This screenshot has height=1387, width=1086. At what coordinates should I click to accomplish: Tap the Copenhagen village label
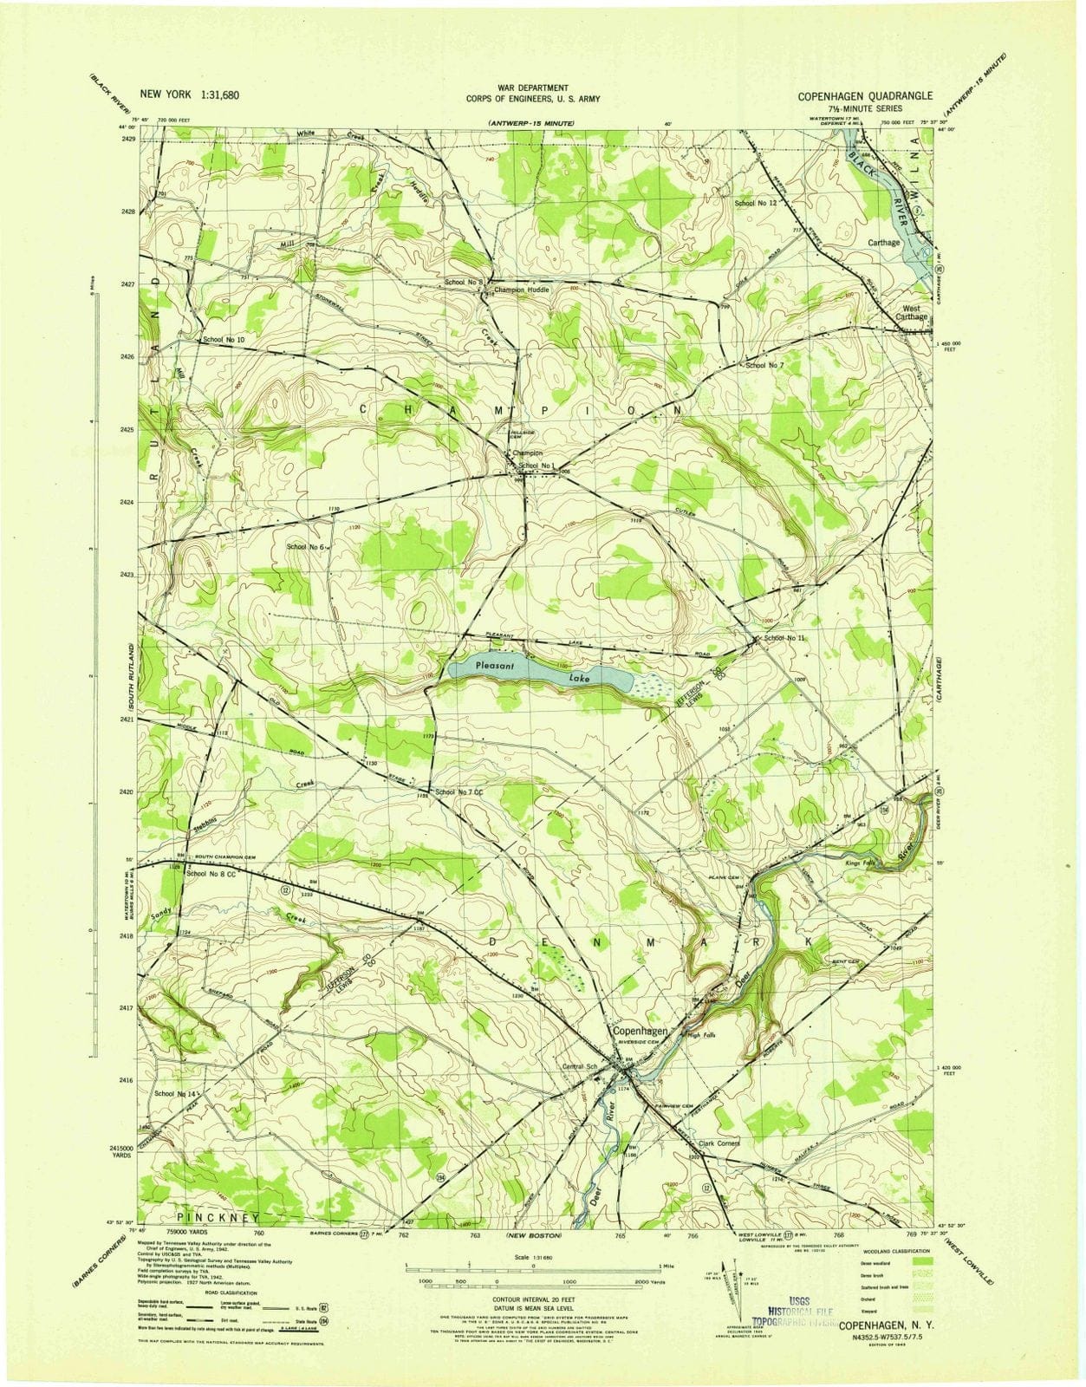[x=641, y=1032]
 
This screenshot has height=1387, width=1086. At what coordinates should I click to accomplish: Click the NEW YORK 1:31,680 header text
[x=190, y=95]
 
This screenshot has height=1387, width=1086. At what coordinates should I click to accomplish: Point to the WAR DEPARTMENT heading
[x=533, y=88]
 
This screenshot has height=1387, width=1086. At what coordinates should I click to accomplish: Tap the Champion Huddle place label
[x=522, y=290]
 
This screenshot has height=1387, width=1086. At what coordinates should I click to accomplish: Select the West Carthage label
[x=914, y=312]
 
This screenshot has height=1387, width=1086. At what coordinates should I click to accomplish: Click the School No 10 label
[x=224, y=340]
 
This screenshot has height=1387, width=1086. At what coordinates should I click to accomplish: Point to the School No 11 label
[x=784, y=637]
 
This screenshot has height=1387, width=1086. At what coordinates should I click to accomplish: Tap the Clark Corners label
[x=719, y=1143]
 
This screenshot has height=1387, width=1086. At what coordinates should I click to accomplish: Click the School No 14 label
[x=176, y=1094]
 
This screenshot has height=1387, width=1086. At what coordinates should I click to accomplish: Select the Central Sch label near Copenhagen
[x=581, y=1066]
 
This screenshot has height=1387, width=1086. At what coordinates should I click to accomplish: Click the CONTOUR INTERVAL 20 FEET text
[x=533, y=1300]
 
